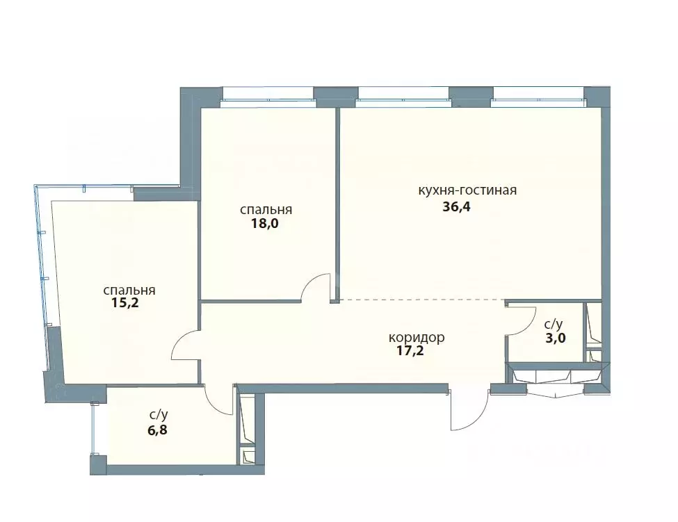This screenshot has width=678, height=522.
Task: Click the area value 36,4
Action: tap(456, 207)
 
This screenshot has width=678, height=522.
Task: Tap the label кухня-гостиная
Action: tap(467, 190)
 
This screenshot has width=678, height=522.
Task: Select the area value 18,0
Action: tap(265, 224)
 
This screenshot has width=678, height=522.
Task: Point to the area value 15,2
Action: tap(125, 302)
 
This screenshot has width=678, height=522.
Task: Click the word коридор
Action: tap(417, 337)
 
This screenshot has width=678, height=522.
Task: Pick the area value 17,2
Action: tap(410, 350)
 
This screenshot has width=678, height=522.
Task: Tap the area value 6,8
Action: tap(157, 431)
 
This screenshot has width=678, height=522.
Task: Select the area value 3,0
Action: tap(556, 338)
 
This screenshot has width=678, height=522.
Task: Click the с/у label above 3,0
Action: tap(553, 324)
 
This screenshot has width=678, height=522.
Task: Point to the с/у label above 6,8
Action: tap(159, 415)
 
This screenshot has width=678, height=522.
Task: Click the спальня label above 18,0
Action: tap(266, 210)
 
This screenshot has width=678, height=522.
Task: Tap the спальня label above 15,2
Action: tap(129, 290)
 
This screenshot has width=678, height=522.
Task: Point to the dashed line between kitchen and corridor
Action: tap(422, 300)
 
